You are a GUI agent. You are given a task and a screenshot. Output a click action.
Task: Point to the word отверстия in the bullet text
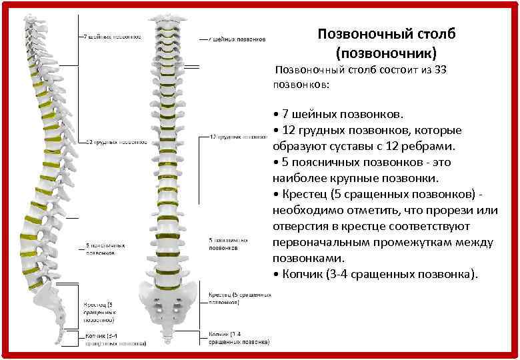(300, 227)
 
